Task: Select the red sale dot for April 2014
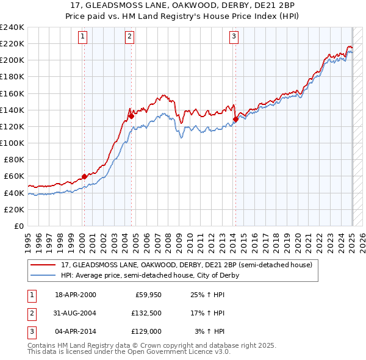235,119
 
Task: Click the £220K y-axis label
12,43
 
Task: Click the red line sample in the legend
43,265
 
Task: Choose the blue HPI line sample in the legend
43,275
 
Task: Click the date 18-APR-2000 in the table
76,295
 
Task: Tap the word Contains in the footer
43,345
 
